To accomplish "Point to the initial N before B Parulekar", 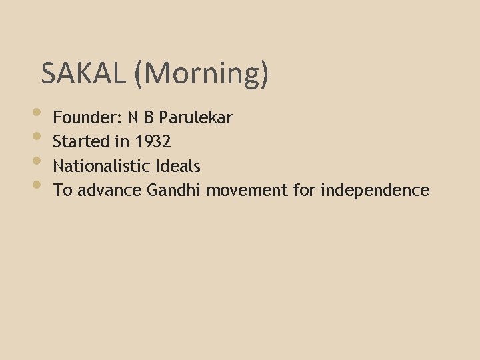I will point(134,118).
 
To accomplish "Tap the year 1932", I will point(153,142).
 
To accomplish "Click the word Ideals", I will point(179,166).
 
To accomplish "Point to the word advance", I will point(110,191).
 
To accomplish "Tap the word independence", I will point(375,191).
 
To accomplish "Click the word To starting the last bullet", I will point(63,191).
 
